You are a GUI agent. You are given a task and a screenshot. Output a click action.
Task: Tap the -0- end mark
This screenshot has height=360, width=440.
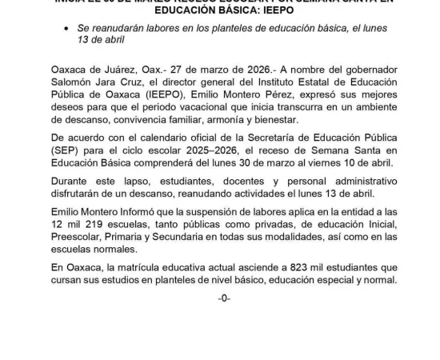224,310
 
